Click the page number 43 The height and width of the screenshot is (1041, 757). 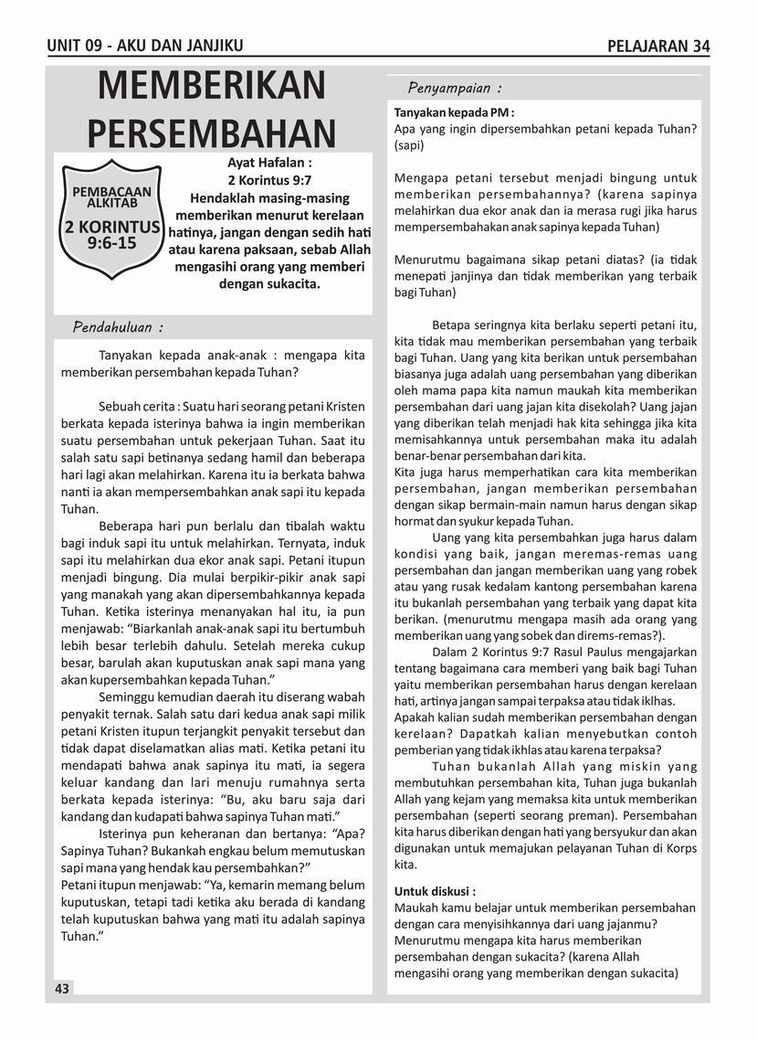[x=62, y=989]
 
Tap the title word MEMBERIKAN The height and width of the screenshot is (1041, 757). [x=211, y=87]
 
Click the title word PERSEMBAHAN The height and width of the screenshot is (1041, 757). [x=212, y=133]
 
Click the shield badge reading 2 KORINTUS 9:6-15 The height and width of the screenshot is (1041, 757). [x=111, y=220]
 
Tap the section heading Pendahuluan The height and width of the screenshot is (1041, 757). [x=118, y=327]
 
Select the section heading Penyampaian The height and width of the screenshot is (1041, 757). [x=454, y=89]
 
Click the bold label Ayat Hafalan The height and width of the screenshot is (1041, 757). [x=269, y=163]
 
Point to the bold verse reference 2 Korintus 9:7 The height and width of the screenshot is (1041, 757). [x=269, y=180]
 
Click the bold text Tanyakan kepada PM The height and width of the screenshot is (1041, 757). [x=454, y=112]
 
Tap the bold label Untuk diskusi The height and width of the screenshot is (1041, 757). [x=435, y=890]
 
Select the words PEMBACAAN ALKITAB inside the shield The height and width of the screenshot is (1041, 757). [x=111, y=197]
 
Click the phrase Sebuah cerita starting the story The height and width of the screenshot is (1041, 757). [x=136, y=406]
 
